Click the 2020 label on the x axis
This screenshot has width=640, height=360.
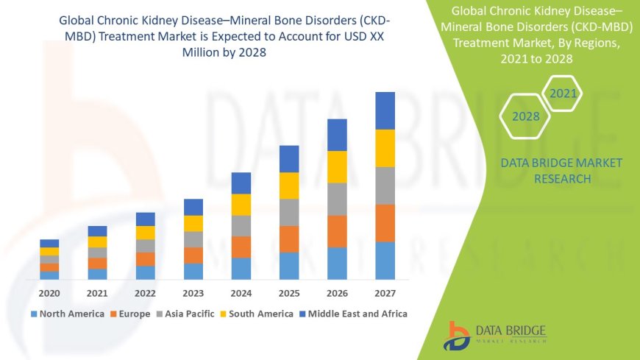coord(49,293)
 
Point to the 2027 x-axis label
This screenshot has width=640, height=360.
coord(385,293)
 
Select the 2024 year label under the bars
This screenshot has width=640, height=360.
coord(241,293)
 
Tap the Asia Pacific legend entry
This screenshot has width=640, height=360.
coord(185,314)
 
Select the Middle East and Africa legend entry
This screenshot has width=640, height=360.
coord(354,314)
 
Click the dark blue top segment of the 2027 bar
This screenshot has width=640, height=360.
coord(385,110)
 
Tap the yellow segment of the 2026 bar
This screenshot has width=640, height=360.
coord(337,166)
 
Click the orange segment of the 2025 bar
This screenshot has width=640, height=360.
coord(289,239)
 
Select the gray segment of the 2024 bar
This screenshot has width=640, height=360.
coord(241,225)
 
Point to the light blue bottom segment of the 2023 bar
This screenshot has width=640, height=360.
coord(193,271)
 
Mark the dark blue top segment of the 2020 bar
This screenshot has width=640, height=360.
coord(49,243)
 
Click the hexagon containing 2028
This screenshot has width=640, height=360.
coord(526,116)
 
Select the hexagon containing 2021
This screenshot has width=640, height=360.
coord(563,93)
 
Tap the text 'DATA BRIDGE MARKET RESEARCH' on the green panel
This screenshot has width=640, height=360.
coord(561,171)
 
